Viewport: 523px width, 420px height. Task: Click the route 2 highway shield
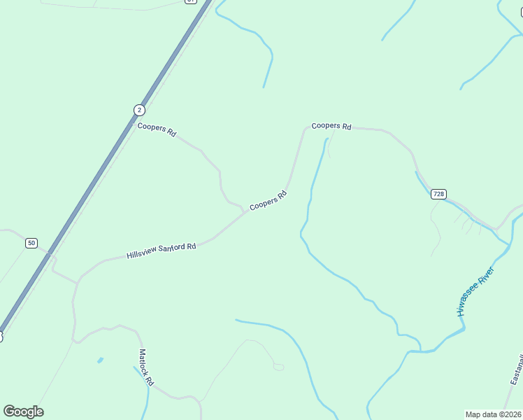pos(140,110)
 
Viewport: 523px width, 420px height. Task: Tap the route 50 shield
pos(31,243)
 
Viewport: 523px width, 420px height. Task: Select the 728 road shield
pos(438,194)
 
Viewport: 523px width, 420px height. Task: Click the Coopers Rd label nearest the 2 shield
pos(157,129)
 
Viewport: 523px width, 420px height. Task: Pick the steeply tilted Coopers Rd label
pos(268,200)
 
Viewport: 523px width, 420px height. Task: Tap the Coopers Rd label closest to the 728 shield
pos(331,126)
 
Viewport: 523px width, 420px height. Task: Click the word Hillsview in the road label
pos(141,253)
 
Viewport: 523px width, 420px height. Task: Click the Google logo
pos(23,412)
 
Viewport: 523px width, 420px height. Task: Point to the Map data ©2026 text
pos(493,414)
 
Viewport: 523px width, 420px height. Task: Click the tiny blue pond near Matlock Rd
pos(101,360)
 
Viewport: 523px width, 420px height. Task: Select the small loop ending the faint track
pos(278,367)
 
